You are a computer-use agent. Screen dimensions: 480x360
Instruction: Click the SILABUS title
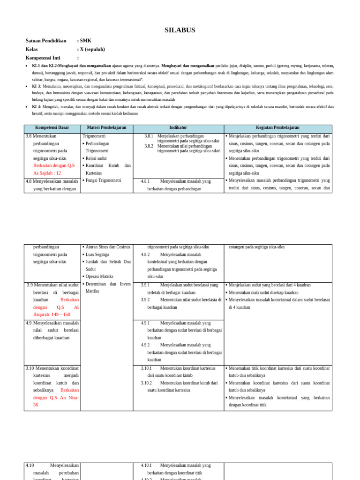pyautogui.click(x=180, y=30)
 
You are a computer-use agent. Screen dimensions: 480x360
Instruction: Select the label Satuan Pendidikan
pyautogui.click(x=46, y=41)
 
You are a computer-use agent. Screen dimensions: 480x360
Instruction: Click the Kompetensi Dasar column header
pyautogui.click(x=52, y=127)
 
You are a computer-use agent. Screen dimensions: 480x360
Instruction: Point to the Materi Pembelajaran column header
pyautogui.click(x=106, y=127)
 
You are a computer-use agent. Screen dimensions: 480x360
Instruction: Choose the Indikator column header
pyautogui.click(x=178, y=127)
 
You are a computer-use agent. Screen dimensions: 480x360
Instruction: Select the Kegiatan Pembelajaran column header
pyautogui.click(x=277, y=127)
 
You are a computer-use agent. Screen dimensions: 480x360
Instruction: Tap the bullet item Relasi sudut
pyautogui.click(x=96, y=158)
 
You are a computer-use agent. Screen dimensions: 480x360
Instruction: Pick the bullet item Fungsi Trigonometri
pyautogui.click(x=103, y=180)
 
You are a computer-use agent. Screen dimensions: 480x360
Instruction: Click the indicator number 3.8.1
pyautogui.click(x=149, y=136)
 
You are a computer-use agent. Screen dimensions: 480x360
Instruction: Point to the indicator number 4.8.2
pyautogui.click(x=145, y=255)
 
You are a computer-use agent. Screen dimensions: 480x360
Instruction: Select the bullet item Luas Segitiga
pyautogui.click(x=97, y=255)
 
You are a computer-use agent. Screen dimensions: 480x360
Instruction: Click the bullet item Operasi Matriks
pyautogui.click(x=99, y=277)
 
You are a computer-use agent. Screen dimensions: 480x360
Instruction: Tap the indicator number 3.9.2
pyautogui.click(x=145, y=300)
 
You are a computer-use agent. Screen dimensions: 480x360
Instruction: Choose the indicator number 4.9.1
pyautogui.click(x=145, y=323)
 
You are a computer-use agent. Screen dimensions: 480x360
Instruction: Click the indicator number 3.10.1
pyautogui.click(x=146, y=368)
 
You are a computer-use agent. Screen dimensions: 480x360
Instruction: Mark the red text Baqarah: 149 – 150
pyautogui.click(x=52, y=315)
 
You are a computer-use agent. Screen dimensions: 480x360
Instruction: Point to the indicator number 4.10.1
pyautogui.click(x=146, y=465)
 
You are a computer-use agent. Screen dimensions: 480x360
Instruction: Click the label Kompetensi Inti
pyautogui.click(x=43, y=58)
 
